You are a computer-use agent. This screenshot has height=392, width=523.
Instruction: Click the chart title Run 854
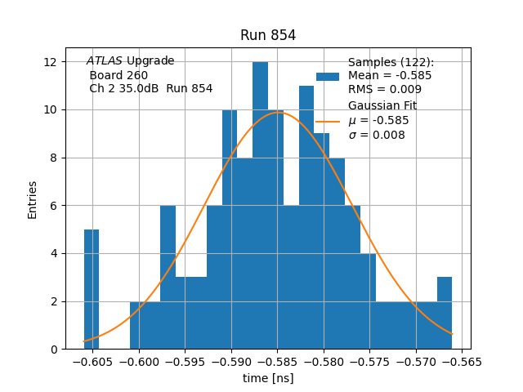(x=268, y=35)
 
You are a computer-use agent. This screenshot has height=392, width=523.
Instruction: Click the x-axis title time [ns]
(x=268, y=378)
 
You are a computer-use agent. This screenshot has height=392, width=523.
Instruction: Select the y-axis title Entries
(x=33, y=200)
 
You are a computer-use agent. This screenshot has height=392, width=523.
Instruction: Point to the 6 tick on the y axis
(x=52, y=206)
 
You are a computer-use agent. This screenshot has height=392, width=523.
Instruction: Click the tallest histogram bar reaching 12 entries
(x=260, y=204)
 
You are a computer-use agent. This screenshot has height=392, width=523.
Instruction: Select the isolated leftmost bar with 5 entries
(x=92, y=289)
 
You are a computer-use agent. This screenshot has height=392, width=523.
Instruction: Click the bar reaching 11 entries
(x=306, y=216)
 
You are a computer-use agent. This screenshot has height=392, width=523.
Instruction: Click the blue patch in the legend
(x=327, y=76)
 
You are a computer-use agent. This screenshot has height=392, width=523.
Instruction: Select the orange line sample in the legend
(x=327, y=120)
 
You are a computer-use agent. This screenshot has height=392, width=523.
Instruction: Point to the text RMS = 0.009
(x=385, y=89)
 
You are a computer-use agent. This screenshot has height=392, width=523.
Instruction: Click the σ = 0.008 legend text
(x=377, y=135)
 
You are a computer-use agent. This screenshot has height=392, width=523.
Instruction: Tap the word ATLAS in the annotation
(x=105, y=61)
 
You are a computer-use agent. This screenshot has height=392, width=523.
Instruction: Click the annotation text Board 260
(x=118, y=75)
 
